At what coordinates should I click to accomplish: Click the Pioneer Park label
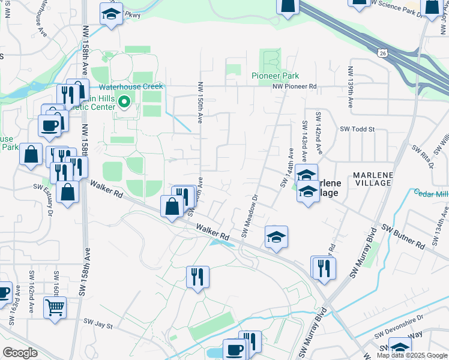click(275, 76)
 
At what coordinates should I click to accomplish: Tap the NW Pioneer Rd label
click(294, 87)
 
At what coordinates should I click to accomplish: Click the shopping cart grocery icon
click(55, 308)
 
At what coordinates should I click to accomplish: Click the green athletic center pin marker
click(124, 102)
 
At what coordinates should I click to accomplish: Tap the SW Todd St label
click(357, 129)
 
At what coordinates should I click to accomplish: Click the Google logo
click(20, 353)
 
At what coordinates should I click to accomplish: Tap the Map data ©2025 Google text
click(412, 355)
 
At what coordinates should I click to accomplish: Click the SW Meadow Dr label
click(249, 215)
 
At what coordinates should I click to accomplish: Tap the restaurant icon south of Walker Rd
click(197, 277)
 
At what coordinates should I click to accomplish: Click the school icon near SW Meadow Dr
click(276, 237)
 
